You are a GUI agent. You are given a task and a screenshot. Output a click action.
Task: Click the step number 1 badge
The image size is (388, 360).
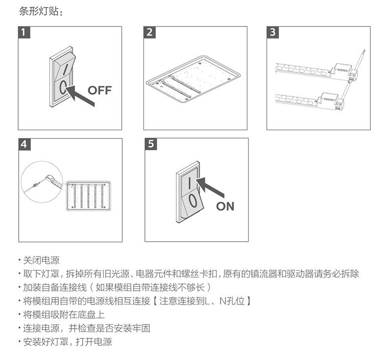pyautogui.click(x=24, y=32)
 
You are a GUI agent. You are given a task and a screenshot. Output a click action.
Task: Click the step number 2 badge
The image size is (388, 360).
pyautogui.click(x=149, y=32)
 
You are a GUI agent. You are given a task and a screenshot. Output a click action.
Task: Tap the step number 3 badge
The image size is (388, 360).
pyautogui.click(x=273, y=32)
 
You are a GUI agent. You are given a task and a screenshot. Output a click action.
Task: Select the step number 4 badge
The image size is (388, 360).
pyautogui.click(x=25, y=144)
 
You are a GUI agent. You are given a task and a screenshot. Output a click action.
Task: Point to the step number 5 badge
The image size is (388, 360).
pyautogui.click(x=151, y=144)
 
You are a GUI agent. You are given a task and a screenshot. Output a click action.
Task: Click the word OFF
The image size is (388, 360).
pyautogui.click(x=100, y=90)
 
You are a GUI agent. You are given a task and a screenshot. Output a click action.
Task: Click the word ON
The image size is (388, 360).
pyautogui.click(x=225, y=206)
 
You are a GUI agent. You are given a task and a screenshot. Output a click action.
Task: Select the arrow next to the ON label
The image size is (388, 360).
pyautogui.click(x=210, y=188)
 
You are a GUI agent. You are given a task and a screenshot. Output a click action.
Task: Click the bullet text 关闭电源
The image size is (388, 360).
pyautogui.click(x=41, y=260)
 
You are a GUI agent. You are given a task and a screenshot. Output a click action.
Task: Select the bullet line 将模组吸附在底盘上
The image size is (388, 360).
pyautogui.click(x=64, y=315)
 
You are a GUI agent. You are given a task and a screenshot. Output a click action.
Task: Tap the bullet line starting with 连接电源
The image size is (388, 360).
pyautogui.click(x=86, y=329)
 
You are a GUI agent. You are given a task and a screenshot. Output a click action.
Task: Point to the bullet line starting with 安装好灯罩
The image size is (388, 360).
pyautogui.click(x=68, y=342)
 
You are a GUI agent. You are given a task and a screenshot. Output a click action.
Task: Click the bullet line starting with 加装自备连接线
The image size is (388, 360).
pyautogui.click(x=117, y=287)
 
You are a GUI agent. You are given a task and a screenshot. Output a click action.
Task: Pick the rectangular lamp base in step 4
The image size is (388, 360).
pyautogui.click(x=88, y=196)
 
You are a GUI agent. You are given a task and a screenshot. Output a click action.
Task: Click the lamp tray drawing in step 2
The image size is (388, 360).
pyautogui.click(x=193, y=79)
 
